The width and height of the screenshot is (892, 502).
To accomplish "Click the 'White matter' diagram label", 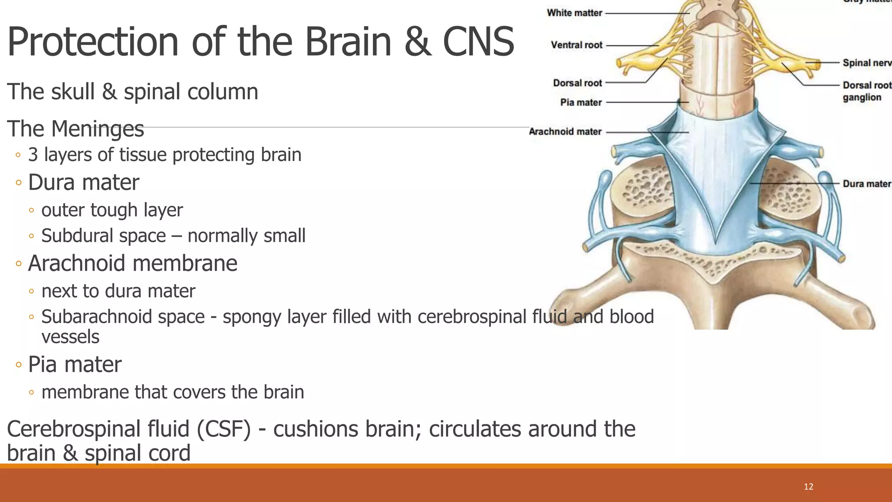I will [574, 13].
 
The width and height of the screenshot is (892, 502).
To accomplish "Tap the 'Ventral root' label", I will [577, 45].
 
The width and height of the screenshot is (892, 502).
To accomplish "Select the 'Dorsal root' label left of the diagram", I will [578, 83].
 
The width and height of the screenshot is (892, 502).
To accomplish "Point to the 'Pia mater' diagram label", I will [581, 102].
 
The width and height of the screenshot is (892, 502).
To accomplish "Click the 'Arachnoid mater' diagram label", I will [565, 132].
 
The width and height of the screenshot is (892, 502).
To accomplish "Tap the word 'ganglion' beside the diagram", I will [862, 97].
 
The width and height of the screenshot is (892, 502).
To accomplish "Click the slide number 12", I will [808, 487].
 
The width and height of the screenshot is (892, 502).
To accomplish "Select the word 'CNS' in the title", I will [478, 42].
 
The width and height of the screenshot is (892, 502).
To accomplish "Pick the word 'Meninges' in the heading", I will [98, 129].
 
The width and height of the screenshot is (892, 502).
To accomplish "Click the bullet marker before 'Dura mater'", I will [18, 183].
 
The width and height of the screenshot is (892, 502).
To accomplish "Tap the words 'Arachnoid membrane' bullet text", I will [132, 263].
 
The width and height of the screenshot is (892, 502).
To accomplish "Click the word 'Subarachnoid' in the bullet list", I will [123, 317].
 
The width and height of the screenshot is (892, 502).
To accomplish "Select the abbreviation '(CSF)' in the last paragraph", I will [223, 429].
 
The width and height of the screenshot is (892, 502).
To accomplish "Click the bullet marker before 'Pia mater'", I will [18, 365].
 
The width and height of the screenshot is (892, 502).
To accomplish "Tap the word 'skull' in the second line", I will [73, 92].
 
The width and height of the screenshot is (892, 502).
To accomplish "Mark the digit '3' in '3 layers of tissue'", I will [33, 155].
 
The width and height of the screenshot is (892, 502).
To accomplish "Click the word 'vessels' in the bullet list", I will [70, 337].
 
